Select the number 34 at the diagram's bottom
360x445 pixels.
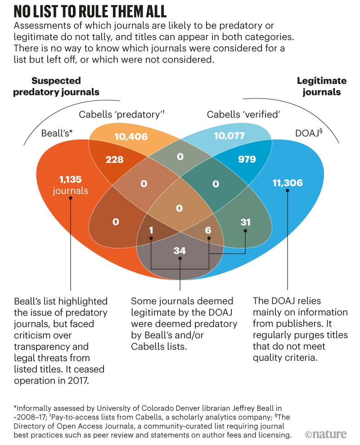[180, 250]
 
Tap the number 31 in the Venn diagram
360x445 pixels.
[245, 222]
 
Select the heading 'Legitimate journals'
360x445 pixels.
[321, 86]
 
